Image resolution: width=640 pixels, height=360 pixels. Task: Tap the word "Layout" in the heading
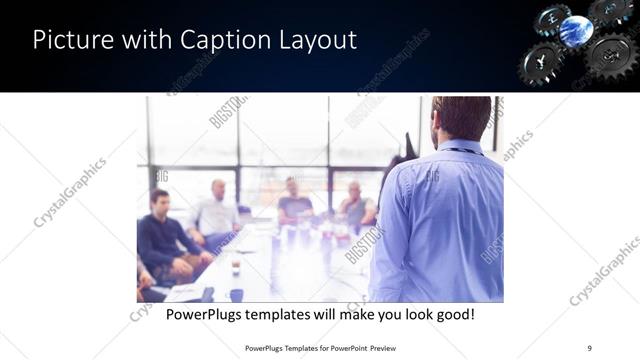[318, 41]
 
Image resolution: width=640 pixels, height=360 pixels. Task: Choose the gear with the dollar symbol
[608, 54]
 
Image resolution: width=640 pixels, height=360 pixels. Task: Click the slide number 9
[589, 347]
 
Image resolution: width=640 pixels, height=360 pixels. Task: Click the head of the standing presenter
[461, 118]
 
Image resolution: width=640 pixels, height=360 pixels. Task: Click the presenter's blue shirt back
[440, 220]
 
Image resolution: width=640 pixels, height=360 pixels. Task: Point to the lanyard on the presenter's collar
[462, 151]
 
